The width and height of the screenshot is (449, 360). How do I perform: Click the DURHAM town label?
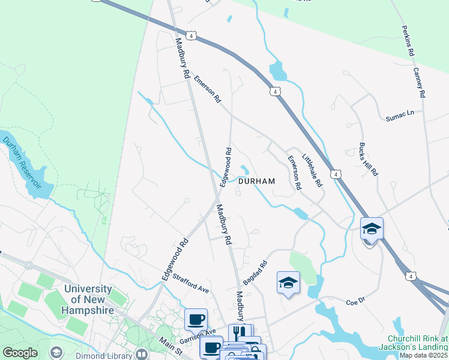click(256, 181)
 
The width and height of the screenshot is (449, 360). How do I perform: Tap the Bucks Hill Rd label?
click(368, 159)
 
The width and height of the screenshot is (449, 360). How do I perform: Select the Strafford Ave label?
click(190, 284)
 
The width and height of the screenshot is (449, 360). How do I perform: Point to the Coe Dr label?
click(355, 302)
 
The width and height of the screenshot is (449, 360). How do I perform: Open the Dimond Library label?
click(104, 354)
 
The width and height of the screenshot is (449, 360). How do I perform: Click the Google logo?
click(20, 353)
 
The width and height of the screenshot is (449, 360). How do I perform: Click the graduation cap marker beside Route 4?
click(372, 229)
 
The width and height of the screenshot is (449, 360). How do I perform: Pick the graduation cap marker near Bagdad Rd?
click(288, 283)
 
